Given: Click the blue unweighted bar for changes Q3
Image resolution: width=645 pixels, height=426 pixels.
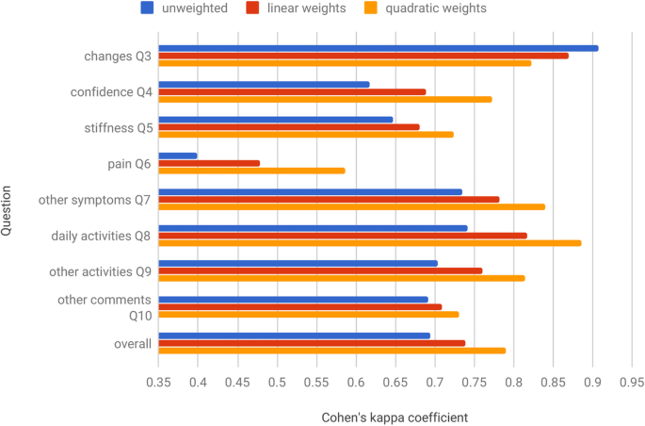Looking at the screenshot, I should click(378, 48).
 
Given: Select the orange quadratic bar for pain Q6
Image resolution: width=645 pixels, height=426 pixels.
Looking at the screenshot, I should click(251, 171).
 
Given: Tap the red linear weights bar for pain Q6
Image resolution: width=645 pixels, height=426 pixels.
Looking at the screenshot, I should click(209, 163).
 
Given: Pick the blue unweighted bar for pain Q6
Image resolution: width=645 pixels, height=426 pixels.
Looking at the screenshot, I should click(178, 156).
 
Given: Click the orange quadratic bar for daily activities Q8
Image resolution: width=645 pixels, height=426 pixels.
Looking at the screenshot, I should click(369, 243).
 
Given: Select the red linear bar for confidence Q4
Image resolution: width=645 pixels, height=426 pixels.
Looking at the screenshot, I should click(292, 91).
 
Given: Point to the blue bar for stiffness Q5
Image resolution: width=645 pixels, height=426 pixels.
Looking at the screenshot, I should click(275, 120).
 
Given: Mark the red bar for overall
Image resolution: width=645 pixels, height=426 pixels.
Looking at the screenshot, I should click(312, 343).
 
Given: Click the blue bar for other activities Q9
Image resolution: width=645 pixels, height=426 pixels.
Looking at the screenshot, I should click(298, 264).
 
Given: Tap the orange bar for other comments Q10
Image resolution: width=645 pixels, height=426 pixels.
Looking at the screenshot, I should click(308, 315).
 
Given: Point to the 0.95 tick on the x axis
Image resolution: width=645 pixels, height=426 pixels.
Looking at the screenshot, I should click(631, 383).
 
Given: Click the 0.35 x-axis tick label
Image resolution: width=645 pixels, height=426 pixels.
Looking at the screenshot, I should click(158, 383).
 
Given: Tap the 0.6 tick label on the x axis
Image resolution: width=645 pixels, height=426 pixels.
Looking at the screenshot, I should click(356, 383).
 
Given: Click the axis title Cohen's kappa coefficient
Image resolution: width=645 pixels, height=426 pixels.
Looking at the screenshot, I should click(395, 416).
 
